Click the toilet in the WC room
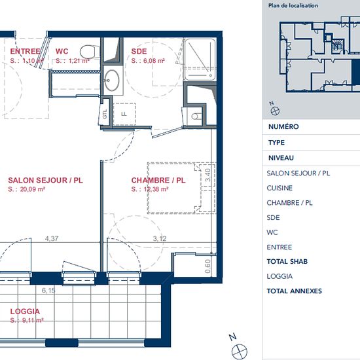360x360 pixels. [x=89, y=52]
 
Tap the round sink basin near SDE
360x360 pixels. [x=112, y=81]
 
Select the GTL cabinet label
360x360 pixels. [x=105, y=114]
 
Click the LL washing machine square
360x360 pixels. [x=124, y=114]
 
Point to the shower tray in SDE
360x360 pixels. [x=200, y=60]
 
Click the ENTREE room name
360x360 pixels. [x=26, y=51]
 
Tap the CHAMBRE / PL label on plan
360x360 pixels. [x=158, y=180]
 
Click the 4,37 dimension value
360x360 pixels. [x=52, y=238]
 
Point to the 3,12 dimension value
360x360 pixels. [x=160, y=238]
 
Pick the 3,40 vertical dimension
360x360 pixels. [x=207, y=175]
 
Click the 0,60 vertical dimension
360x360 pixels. [x=207, y=266]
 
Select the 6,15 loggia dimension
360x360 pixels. [x=48, y=291]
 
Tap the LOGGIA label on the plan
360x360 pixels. [x=25, y=312]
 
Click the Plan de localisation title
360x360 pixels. [x=293, y=5]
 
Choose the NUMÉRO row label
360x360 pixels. [x=283, y=126]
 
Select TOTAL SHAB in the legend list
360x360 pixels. [x=287, y=261]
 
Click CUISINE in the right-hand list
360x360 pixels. [x=279, y=188]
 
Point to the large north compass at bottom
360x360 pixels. [x=239, y=348]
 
